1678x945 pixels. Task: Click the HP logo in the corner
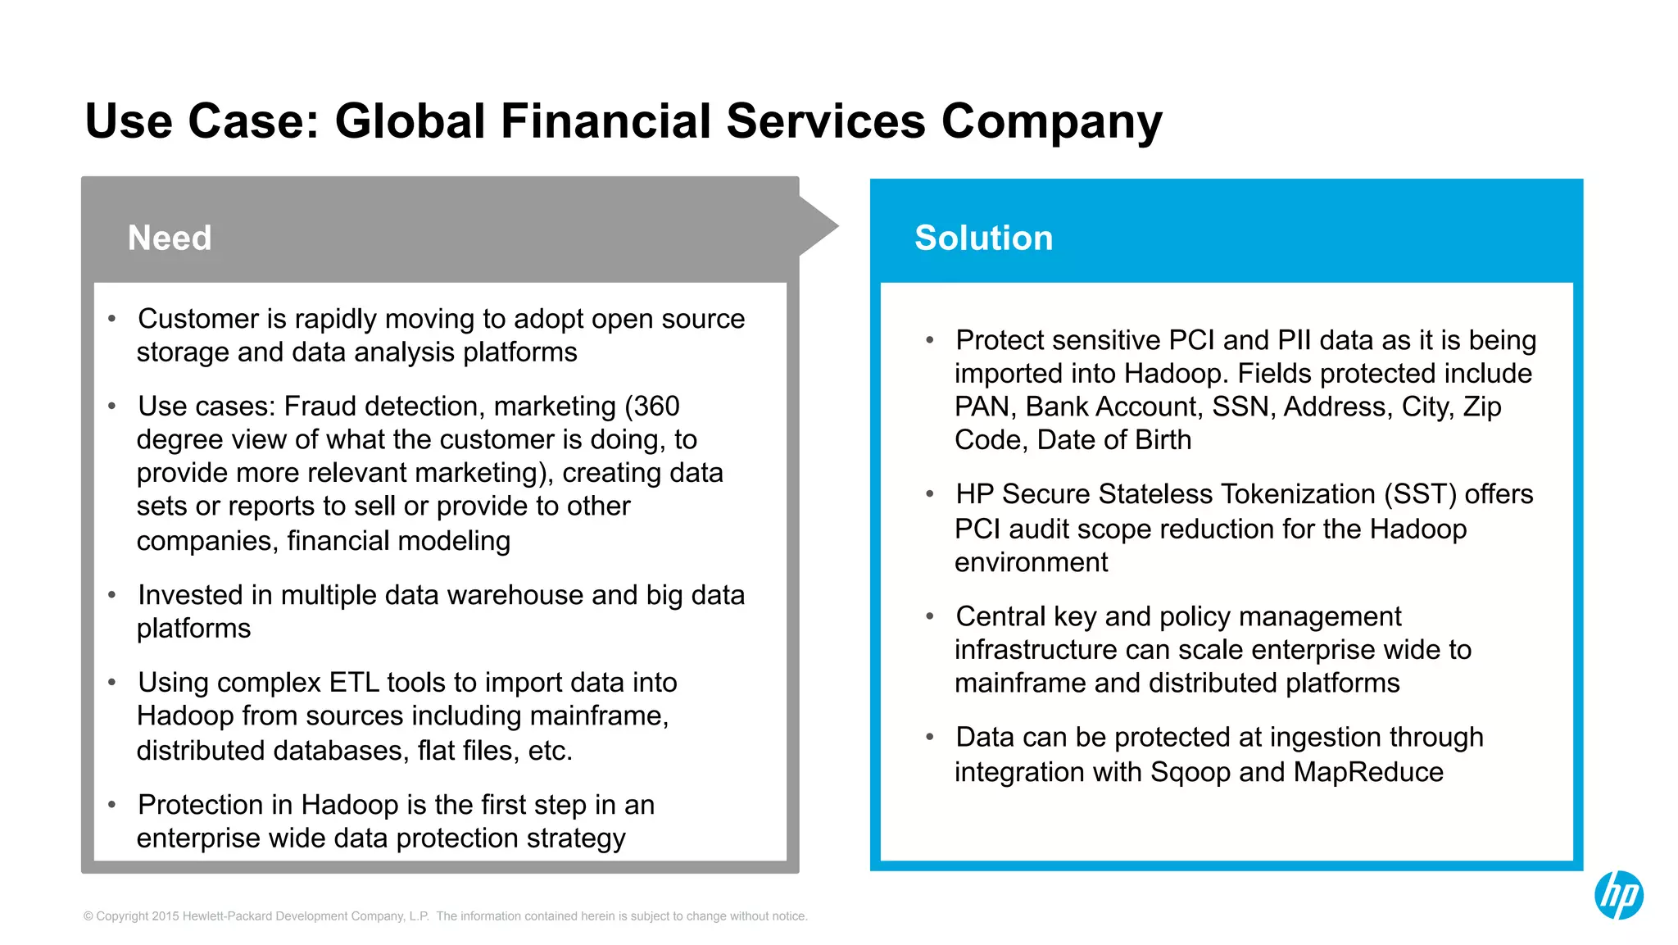click(x=1618, y=894)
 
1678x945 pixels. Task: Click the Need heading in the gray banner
click(x=170, y=239)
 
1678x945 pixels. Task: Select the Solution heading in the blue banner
click(x=983, y=239)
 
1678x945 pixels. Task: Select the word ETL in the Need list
click(x=354, y=683)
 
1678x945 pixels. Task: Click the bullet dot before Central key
click(x=930, y=616)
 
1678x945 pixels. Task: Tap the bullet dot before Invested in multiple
click(x=112, y=595)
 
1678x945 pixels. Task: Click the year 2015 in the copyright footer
click(x=166, y=916)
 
